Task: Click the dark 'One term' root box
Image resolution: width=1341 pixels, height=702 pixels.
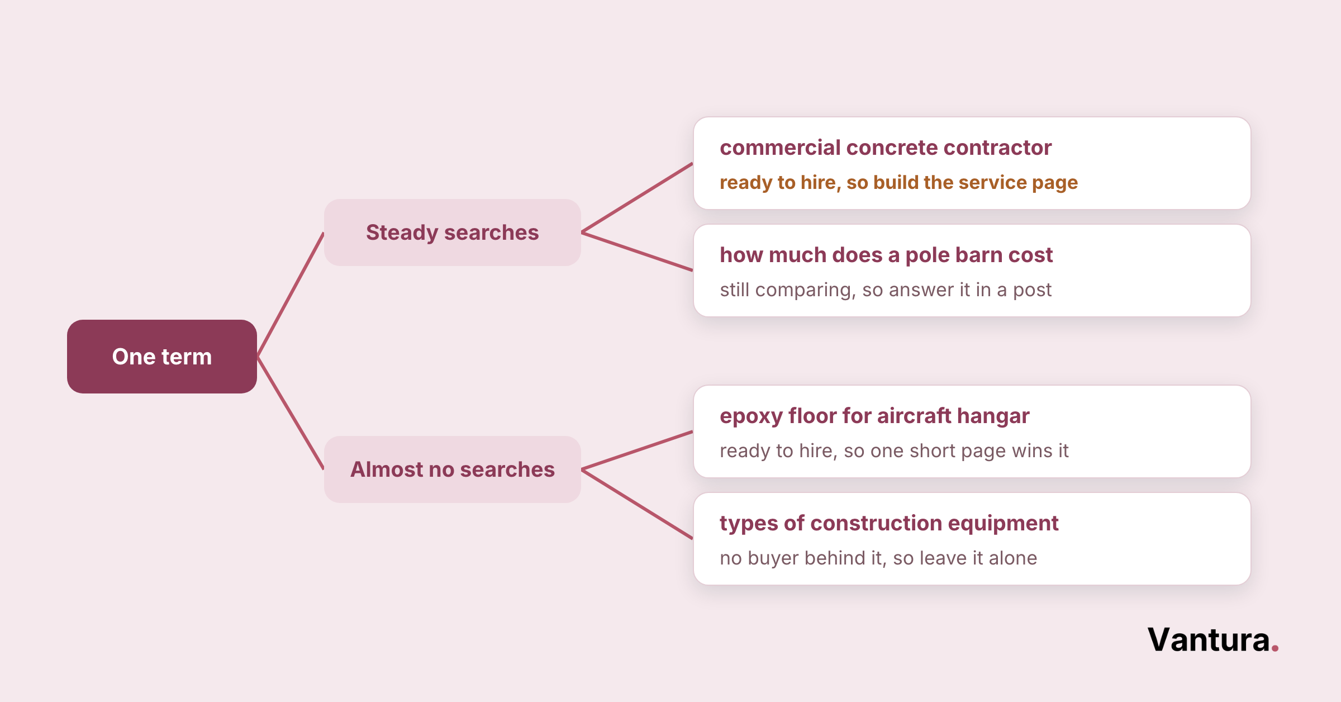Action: tap(162, 357)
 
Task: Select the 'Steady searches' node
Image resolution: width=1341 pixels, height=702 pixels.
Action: tap(453, 233)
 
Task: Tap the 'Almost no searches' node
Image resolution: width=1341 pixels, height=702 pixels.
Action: tap(453, 469)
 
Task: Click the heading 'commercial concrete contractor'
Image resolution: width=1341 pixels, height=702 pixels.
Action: tap(886, 148)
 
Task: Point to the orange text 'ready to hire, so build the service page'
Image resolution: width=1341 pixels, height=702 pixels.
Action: tap(898, 183)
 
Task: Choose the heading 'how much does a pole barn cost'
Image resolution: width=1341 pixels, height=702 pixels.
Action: tap(886, 255)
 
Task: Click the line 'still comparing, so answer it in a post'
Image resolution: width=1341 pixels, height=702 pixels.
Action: tap(886, 290)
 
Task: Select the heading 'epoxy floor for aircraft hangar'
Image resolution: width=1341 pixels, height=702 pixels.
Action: tap(874, 416)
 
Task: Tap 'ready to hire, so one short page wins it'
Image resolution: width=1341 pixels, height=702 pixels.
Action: tap(894, 451)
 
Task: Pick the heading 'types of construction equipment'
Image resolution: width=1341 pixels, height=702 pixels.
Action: tap(889, 524)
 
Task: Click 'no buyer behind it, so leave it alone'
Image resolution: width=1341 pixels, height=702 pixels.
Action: tap(878, 558)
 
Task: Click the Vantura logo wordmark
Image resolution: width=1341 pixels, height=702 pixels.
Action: tap(1213, 640)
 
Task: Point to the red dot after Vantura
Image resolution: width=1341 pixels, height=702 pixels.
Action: tap(1275, 648)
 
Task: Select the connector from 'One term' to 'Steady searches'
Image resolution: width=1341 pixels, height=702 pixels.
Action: tap(291, 295)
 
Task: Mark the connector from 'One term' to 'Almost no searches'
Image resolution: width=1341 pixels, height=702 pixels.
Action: tap(291, 413)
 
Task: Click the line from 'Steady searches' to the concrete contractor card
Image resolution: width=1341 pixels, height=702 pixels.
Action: tap(637, 198)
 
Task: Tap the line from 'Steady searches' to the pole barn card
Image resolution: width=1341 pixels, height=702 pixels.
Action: tap(637, 252)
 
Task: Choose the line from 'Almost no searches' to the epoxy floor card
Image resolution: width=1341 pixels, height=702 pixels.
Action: tap(637, 450)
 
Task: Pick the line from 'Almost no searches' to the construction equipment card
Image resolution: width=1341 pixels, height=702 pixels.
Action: tap(637, 504)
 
